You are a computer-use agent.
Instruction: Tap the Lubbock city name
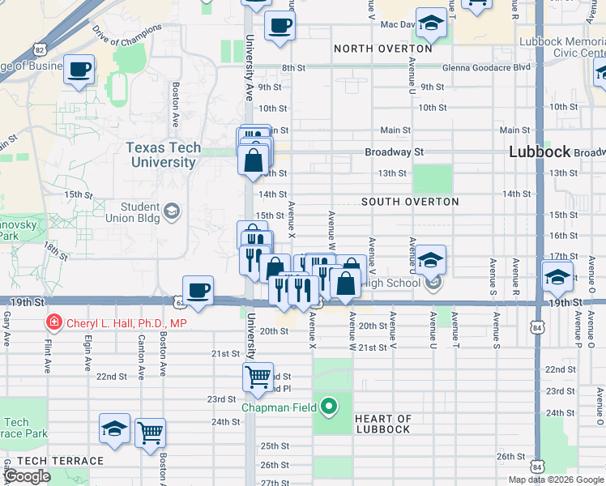[540, 152]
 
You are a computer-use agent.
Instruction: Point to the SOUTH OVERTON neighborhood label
[410, 202]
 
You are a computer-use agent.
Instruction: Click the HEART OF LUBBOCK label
[382, 424]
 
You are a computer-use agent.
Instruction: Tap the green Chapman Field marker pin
[329, 406]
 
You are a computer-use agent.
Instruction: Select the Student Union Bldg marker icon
[171, 212]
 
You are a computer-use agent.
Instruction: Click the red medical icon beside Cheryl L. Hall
[54, 323]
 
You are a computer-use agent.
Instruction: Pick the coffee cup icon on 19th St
[198, 290]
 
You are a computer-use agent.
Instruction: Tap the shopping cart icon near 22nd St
[258, 376]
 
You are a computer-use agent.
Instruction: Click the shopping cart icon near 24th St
[150, 433]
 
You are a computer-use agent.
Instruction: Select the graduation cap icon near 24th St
[114, 428]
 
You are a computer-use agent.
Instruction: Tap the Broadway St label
[394, 151]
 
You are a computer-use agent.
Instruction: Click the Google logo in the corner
[27, 476]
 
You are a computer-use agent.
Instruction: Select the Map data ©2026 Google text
[555, 480]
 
